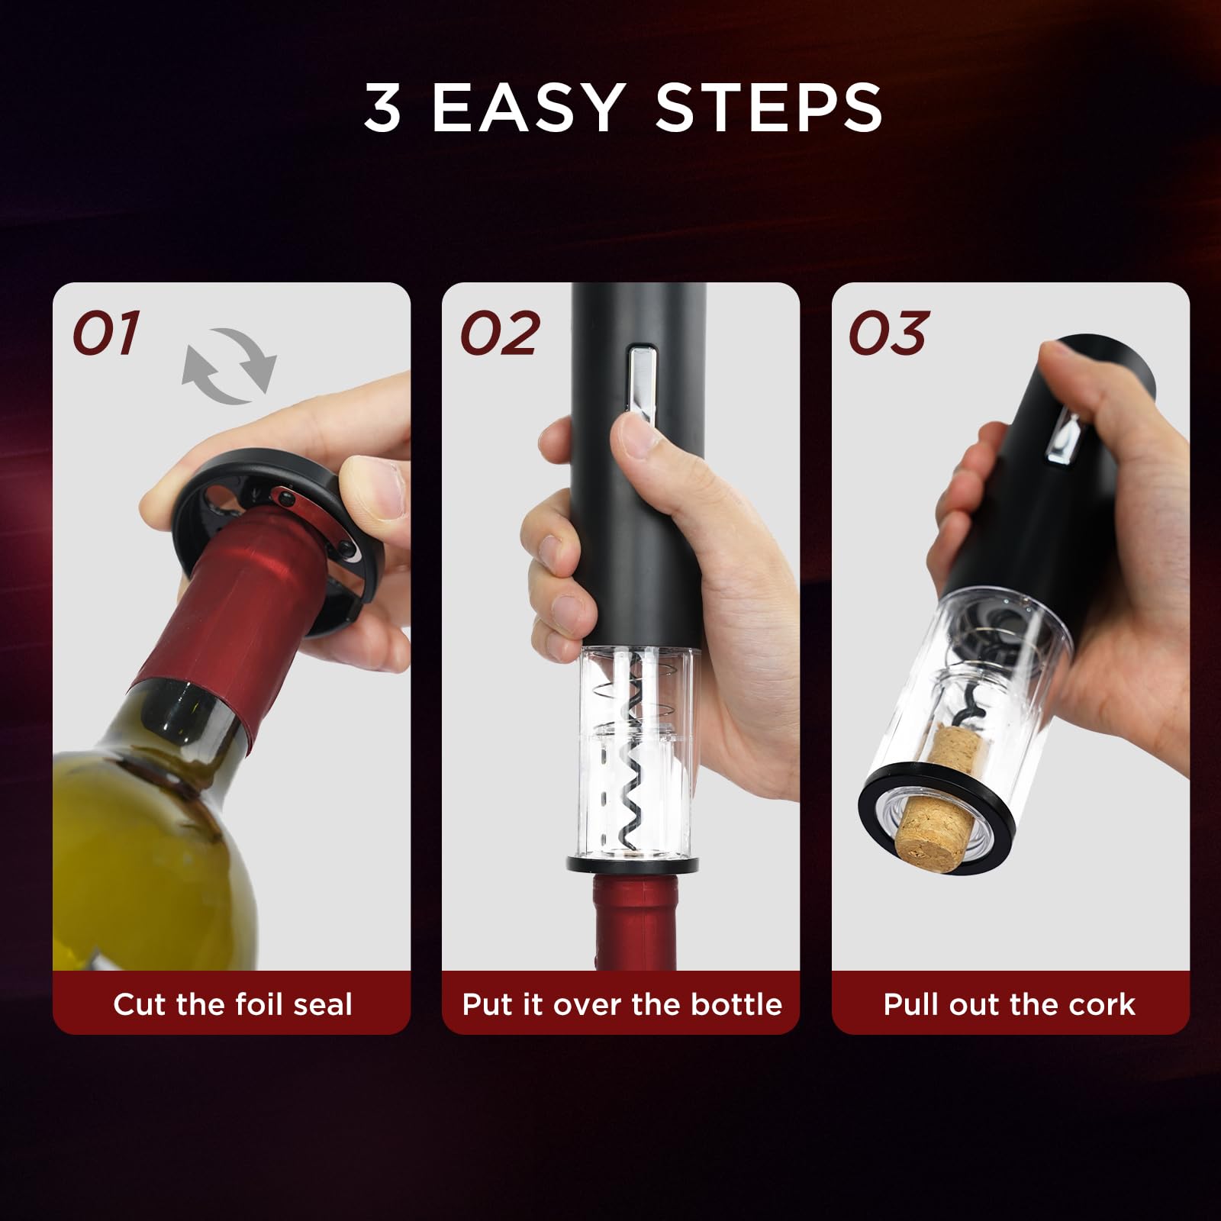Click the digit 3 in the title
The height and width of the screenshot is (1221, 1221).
(x=382, y=108)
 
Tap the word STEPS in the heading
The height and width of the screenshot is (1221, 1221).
(x=768, y=108)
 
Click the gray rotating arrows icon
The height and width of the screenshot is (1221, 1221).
(x=229, y=366)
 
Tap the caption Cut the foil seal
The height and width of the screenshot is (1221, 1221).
(x=233, y=1004)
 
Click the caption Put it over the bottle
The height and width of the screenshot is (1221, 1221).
(x=622, y=1004)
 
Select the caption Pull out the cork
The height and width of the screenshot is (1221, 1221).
(x=1009, y=1004)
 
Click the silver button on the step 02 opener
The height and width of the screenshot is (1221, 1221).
(x=642, y=379)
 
